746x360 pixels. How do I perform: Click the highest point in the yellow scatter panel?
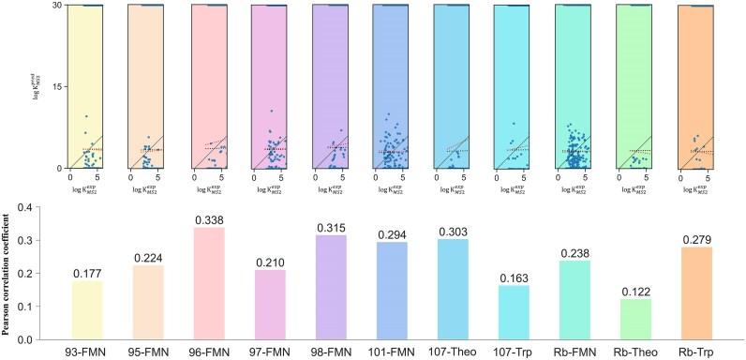pyautogui.click(x=86, y=116)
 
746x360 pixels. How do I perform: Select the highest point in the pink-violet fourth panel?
pyautogui.click(x=271, y=112)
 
